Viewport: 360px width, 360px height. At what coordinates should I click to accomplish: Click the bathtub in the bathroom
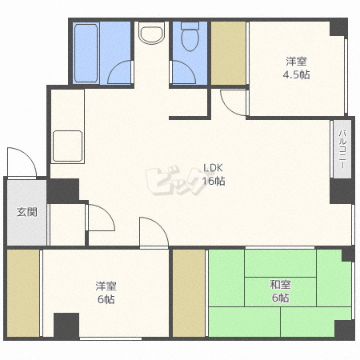(86, 53)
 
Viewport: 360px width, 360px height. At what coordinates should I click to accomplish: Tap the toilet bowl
(190, 37)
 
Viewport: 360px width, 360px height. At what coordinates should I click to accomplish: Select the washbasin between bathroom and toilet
(151, 33)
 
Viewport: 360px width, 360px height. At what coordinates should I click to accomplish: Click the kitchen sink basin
(67, 146)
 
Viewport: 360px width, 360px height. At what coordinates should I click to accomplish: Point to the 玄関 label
(27, 212)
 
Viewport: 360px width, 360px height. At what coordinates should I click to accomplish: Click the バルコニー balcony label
(342, 149)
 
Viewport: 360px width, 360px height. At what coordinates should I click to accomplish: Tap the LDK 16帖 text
(214, 174)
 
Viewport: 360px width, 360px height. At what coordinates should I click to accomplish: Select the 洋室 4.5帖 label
(296, 68)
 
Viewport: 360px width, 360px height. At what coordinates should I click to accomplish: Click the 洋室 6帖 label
(106, 293)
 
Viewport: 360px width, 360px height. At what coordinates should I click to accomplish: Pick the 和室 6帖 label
(280, 291)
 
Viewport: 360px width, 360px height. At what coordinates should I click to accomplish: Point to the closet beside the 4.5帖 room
(228, 54)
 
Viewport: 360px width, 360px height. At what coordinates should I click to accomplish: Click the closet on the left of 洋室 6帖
(23, 293)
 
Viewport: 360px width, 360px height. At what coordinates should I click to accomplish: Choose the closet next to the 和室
(189, 293)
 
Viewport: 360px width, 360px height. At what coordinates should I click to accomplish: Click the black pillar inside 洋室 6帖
(66, 326)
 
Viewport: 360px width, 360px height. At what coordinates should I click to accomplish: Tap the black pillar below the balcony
(342, 191)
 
